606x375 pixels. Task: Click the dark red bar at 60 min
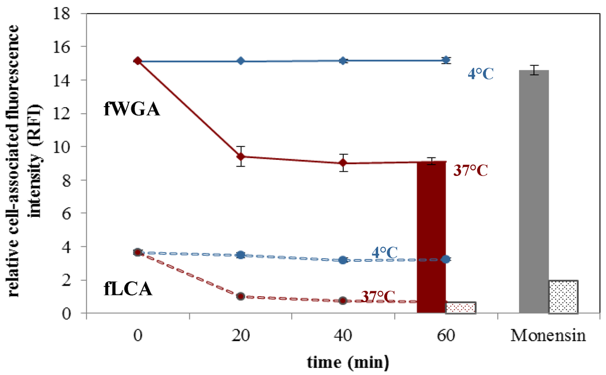tap(431, 237)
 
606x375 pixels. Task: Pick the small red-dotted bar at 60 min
tap(460, 307)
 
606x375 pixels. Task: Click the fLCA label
tap(132, 290)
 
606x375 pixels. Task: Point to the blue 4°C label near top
tap(481, 74)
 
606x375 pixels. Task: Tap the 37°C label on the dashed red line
tap(379, 296)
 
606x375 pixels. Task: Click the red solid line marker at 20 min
tap(241, 156)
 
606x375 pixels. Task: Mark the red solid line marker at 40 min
tap(343, 163)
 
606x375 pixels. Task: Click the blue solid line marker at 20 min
tap(241, 61)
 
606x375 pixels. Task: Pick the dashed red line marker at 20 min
tap(241, 296)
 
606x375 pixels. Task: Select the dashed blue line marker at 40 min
tap(343, 260)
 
